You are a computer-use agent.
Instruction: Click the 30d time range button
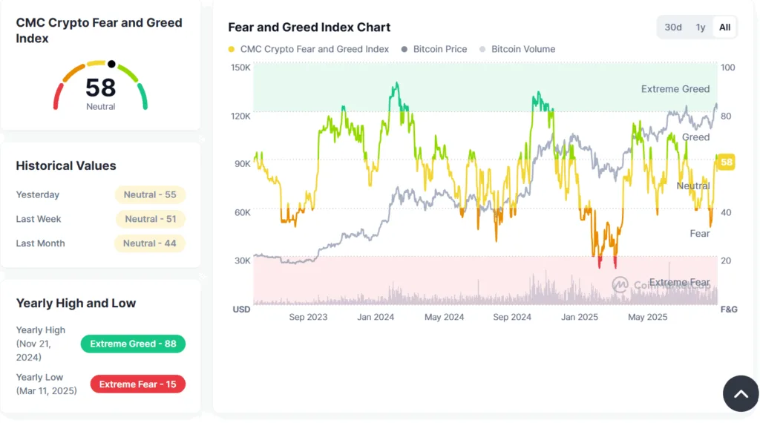click(x=673, y=27)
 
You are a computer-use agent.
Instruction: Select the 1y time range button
click(x=700, y=27)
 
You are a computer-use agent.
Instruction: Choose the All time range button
click(x=724, y=27)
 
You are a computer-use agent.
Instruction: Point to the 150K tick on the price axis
click(x=241, y=68)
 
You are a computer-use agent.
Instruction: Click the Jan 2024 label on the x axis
click(x=375, y=317)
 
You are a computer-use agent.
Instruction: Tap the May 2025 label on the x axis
click(x=647, y=317)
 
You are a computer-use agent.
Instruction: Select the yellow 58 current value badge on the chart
click(x=727, y=163)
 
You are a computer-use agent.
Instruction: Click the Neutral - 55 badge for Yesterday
click(x=150, y=194)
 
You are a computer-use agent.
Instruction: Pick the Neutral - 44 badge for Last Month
click(x=150, y=243)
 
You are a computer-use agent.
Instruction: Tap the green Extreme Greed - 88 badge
click(x=133, y=344)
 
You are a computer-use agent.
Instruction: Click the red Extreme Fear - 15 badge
click(x=137, y=384)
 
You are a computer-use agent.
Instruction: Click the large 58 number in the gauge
click(x=101, y=88)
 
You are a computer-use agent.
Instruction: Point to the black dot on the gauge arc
click(x=111, y=64)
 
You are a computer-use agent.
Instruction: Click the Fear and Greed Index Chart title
click(x=309, y=27)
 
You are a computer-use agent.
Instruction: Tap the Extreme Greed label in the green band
click(x=675, y=89)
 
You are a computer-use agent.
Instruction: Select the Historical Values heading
click(x=66, y=165)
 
